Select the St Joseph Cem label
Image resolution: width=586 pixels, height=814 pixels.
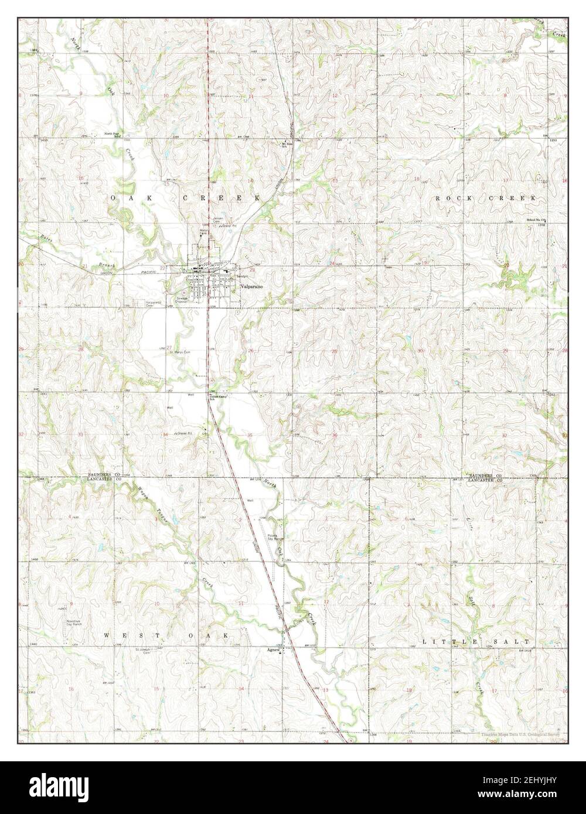coord(143,651)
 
